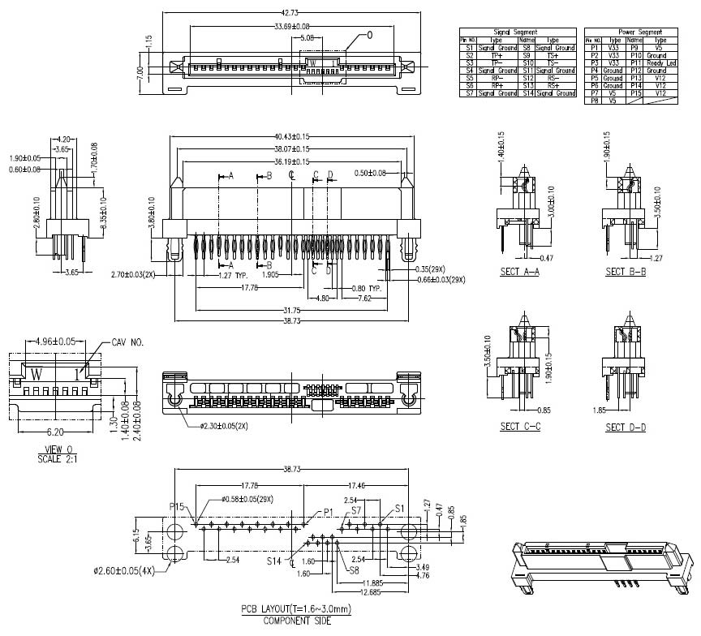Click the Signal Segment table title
[x=518, y=32]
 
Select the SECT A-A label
[x=520, y=272]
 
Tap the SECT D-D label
[x=626, y=427]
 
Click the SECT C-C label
[x=520, y=427]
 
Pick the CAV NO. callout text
[x=127, y=343]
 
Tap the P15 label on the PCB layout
[x=178, y=507]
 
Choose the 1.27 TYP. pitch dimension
[x=235, y=276]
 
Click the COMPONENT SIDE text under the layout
[x=296, y=621]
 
